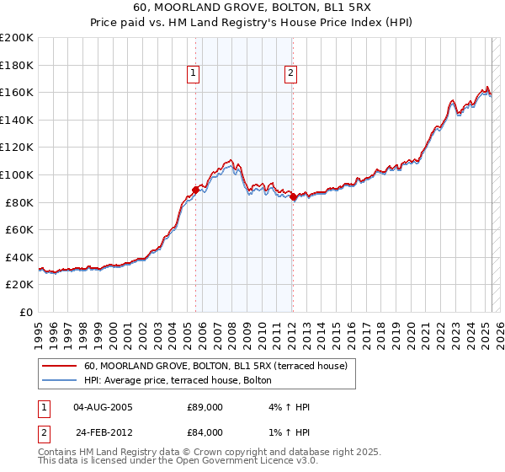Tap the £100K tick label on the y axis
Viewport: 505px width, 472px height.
pos(18,174)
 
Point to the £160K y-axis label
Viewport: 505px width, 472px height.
pos(18,92)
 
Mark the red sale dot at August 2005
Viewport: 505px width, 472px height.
pos(195,190)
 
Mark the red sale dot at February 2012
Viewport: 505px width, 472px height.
pos(292,197)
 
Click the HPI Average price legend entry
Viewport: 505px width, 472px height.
pos(178,381)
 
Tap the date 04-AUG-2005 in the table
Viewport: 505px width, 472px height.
pos(104,407)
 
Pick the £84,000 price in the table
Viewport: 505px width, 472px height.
pos(205,432)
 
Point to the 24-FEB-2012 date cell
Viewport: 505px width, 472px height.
pos(104,432)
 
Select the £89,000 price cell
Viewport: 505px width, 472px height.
pos(205,407)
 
